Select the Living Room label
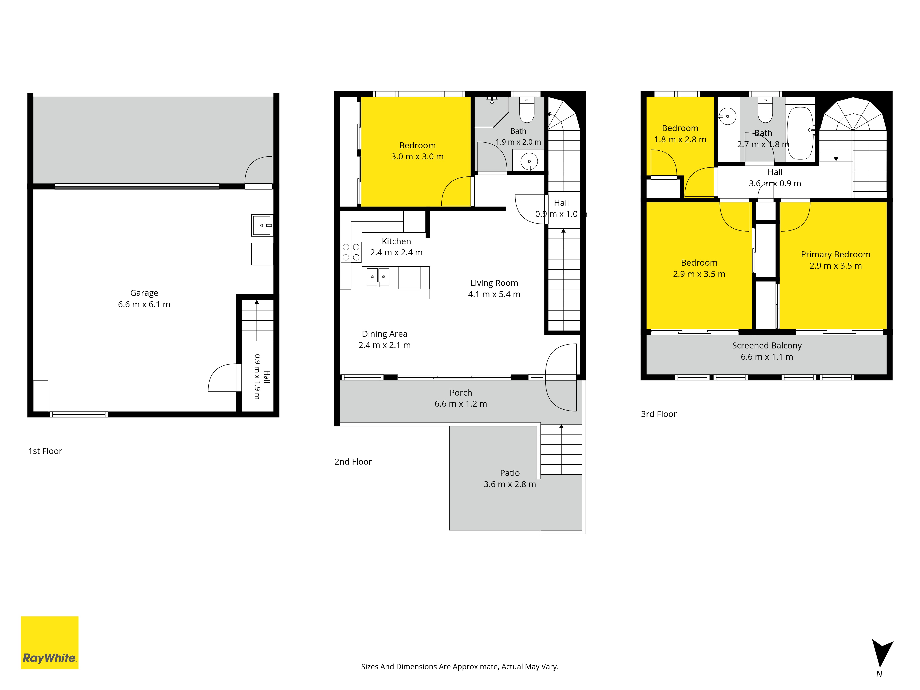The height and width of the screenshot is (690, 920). coord(494,283)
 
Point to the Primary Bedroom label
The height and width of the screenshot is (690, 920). coord(836,255)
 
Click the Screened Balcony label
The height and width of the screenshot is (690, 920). coord(767,346)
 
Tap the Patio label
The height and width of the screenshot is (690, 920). coord(510,473)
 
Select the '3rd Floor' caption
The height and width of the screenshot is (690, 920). coord(659,414)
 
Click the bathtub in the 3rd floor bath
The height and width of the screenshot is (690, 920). coord(800,133)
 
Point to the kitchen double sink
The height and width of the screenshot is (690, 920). coord(378,277)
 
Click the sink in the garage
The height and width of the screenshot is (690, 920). coord(262,225)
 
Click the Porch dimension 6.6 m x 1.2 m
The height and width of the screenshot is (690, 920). coord(461,404)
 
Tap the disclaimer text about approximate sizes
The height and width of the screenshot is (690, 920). coord(460,667)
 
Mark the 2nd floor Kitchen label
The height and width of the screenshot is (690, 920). coord(396,241)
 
